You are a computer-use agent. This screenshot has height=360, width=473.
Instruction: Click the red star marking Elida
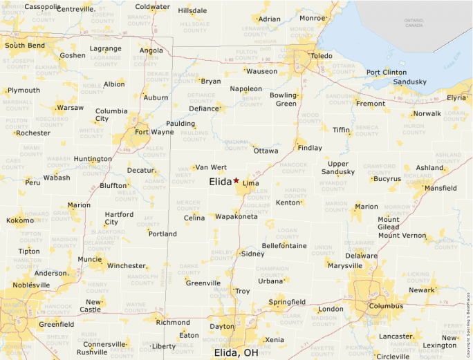236,180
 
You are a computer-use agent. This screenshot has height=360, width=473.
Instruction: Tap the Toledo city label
321,55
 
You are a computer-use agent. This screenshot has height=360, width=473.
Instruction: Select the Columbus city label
386,305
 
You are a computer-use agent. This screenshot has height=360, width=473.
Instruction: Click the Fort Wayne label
154,132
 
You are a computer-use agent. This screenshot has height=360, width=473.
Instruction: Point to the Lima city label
250,183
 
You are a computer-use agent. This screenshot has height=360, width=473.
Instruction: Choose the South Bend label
25,46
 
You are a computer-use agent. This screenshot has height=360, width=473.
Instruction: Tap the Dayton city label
222,326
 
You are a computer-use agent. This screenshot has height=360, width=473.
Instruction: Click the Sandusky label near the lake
410,82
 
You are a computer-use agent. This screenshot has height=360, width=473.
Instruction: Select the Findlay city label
310,148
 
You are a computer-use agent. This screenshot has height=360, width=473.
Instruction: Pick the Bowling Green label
283,99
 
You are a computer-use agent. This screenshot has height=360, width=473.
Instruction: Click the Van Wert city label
211,167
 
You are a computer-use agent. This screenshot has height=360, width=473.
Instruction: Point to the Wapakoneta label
236,217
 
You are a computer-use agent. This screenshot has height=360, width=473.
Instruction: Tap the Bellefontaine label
284,246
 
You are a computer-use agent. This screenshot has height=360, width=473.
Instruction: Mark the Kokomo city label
20,220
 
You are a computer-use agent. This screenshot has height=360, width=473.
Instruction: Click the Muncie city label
90,260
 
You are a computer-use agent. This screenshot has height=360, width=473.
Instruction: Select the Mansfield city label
440,188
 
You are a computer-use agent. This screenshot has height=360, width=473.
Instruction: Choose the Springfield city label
287,302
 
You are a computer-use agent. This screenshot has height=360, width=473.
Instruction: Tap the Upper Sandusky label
337,168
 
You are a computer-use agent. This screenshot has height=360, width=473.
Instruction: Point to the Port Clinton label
387,72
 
